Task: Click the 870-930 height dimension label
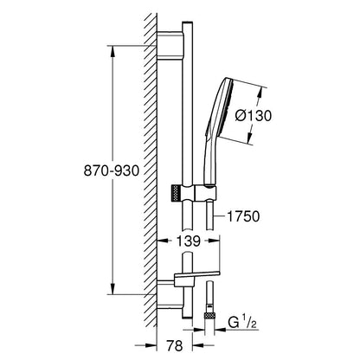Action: [x=112, y=171]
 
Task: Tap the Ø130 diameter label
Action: [x=254, y=116]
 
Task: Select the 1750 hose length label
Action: [x=243, y=216]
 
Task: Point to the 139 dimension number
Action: [x=189, y=241]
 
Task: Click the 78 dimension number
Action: [x=175, y=345]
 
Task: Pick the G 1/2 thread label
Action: [x=242, y=323]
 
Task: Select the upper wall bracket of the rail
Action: [x=170, y=45]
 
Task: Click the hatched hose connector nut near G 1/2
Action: [x=209, y=316]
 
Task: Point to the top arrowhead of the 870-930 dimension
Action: [x=112, y=50]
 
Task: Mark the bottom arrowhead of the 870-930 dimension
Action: [x=112, y=289]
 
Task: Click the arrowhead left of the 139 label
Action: [x=163, y=240]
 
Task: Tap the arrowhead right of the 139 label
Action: [x=215, y=240]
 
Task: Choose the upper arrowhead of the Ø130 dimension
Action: [x=260, y=93]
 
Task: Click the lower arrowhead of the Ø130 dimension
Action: [x=250, y=138]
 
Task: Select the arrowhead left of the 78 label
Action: [x=151, y=344]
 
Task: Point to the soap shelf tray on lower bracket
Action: [x=197, y=275]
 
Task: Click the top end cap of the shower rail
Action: [x=188, y=22]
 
